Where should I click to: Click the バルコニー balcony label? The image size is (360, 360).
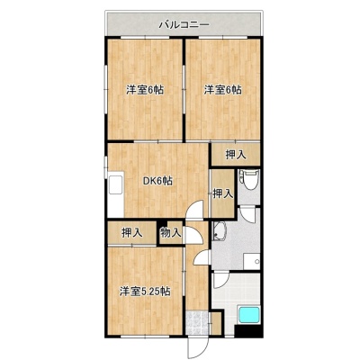pyautogui.click(x=184, y=24)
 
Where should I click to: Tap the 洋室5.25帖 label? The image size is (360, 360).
pyautogui.click(x=145, y=292)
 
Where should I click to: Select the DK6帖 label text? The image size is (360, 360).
pyautogui.click(x=157, y=181)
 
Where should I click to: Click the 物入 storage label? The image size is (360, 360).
pyautogui.click(x=171, y=232)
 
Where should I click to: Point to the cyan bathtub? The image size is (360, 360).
pyautogui.click(x=248, y=315)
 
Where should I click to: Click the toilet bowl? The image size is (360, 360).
pyautogui.click(x=250, y=179)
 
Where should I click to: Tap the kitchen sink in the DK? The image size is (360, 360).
pyautogui.click(x=116, y=184)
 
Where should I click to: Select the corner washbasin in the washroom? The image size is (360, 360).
pyautogui.click(x=220, y=231)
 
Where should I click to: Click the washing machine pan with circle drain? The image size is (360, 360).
pyautogui.click(x=252, y=262)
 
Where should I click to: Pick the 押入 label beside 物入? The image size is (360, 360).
pyautogui.click(x=132, y=233)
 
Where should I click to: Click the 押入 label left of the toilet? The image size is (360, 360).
pyautogui.click(x=223, y=193)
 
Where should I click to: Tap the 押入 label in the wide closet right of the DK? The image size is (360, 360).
pyautogui.click(x=236, y=155)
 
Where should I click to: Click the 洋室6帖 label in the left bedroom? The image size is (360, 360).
pyautogui.click(x=145, y=90)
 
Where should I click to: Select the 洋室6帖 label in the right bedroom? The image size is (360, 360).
pyautogui.click(x=223, y=90)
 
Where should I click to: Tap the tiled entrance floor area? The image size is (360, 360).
pyautogui.click(x=197, y=323)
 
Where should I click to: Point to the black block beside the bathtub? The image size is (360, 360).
pyautogui.click(x=248, y=331)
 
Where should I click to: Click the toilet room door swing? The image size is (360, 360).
pyautogui.click(x=248, y=214)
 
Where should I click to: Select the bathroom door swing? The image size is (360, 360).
pyautogui.click(x=221, y=280)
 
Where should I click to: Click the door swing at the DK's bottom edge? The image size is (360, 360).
pyautogui.click(x=194, y=210)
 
